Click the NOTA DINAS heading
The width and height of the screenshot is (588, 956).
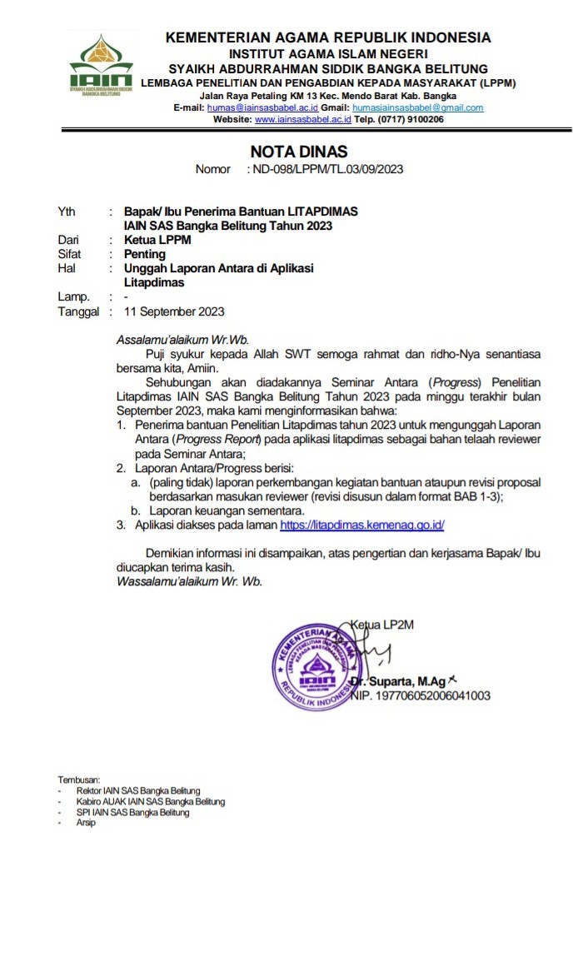click(x=299, y=152)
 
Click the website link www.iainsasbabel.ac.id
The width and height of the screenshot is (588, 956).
click(x=303, y=120)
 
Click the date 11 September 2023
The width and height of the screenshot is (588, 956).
click(x=173, y=312)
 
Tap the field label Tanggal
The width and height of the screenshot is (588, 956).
click(x=78, y=312)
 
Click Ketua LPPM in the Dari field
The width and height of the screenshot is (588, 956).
click(x=157, y=240)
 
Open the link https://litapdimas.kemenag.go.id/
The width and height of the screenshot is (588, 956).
click(x=362, y=525)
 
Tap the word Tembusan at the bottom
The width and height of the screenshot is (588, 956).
click(x=78, y=779)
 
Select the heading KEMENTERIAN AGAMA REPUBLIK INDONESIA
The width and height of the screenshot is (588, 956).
click(x=328, y=37)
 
